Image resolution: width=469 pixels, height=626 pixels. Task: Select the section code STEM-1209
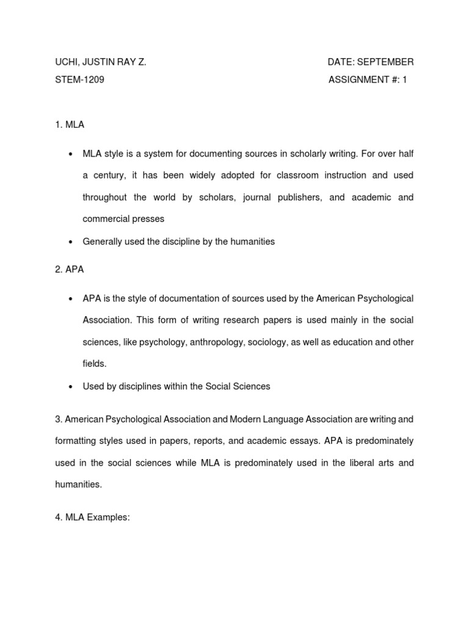79,79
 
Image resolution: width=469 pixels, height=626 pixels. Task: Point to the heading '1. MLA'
70,125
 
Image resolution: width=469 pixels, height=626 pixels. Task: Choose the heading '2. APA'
70,270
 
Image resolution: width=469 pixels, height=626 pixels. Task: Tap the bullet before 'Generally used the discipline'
71,241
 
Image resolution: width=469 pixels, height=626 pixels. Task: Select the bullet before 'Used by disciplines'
71,386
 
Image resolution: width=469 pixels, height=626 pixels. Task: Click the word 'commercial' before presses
105,219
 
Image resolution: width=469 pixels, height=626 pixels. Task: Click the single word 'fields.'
95,364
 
